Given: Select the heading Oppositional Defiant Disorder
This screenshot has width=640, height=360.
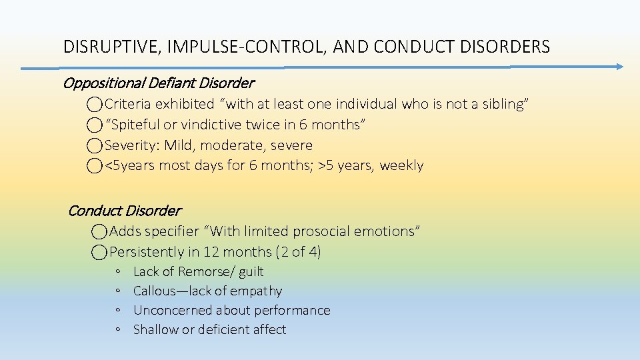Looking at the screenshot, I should click(x=158, y=83).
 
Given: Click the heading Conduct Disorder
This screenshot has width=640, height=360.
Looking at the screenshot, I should click(x=124, y=211).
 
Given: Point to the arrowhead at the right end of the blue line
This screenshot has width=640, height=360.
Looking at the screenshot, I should click(x=619, y=66).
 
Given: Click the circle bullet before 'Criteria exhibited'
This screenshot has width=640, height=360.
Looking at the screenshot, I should click(x=95, y=104).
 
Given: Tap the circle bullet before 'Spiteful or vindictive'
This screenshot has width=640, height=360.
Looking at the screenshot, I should click(x=95, y=125).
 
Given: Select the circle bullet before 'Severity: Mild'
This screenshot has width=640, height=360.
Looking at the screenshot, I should click(x=95, y=145).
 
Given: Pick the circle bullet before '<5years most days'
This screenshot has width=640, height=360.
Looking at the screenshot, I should click(x=95, y=165).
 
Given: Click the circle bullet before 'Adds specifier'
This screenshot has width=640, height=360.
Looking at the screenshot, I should click(x=99, y=231).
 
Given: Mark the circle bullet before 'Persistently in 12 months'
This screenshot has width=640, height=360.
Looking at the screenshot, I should click(x=99, y=252).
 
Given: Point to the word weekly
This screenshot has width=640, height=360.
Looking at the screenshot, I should click(x=401, y=165).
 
